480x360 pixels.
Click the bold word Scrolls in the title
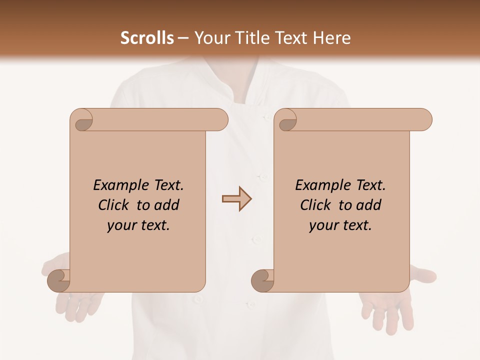[x=147, y=38]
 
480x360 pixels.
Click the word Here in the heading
[x=332, y=38]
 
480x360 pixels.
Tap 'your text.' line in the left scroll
[x=138, y=225]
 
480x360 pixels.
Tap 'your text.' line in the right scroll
[x=340, y=225]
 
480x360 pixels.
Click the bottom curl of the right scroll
[x=263, y=281]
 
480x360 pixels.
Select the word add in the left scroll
[x=167, y=205]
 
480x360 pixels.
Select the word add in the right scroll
[x=369, y=205]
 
